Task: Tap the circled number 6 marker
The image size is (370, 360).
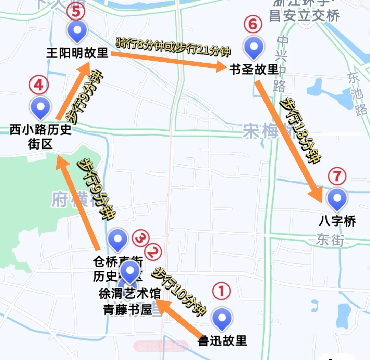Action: coord(253,25)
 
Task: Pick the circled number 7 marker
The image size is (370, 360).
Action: coord(337,176)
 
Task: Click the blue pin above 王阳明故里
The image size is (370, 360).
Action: coord(77,30)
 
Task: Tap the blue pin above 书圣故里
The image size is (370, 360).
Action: coord(254,47)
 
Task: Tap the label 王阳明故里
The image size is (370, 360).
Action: coord(77,53)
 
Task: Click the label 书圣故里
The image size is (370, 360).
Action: coord(254,70)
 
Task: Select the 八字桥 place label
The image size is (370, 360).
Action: coord(337,221)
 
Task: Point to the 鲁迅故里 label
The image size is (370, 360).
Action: coord(222,340)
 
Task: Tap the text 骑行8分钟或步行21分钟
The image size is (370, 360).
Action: coord(173,47)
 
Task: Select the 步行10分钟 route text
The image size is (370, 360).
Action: coord(179,290)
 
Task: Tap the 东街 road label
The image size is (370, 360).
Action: coord(330,240)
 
